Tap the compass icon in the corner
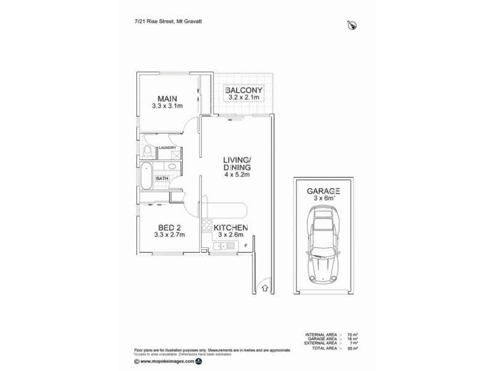[352, 25]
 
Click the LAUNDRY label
[168, 148]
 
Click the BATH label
[162, 179]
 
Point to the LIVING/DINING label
[236, 164]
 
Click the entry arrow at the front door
[265, 286]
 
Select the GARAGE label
[324, 192]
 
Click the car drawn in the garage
[324, 244]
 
